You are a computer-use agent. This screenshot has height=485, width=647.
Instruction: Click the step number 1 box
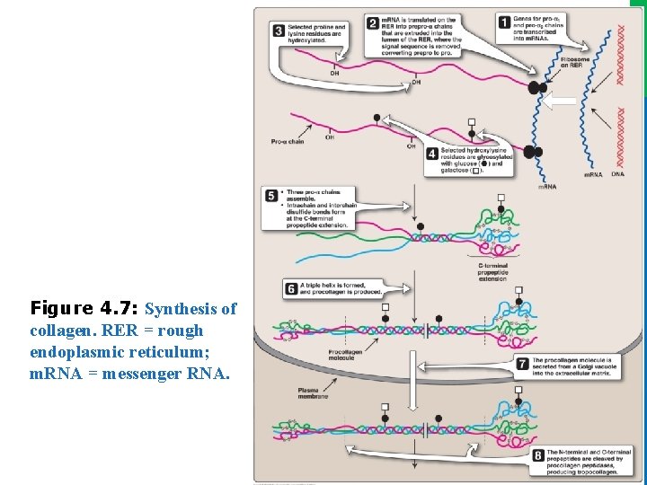(x=505, y=22)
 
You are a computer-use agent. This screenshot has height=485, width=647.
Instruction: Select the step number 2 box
(x=373, y=23)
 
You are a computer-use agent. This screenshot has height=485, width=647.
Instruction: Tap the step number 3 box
(x=279, y=31)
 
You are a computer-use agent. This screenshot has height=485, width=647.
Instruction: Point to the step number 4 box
(x=433, y=154)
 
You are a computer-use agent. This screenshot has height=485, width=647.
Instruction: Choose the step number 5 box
(x=272, y=195)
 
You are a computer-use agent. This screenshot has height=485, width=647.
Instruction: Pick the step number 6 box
(x=291, y=287)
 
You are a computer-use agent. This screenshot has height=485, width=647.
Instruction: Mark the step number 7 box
(x=523, y=363)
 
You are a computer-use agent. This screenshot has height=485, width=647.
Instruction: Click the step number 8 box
(x=537, y=455)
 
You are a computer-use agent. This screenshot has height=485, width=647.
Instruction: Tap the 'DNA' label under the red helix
(x=618, y=174)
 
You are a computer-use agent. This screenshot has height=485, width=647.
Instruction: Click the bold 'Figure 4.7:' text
(x=84, y=309)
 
